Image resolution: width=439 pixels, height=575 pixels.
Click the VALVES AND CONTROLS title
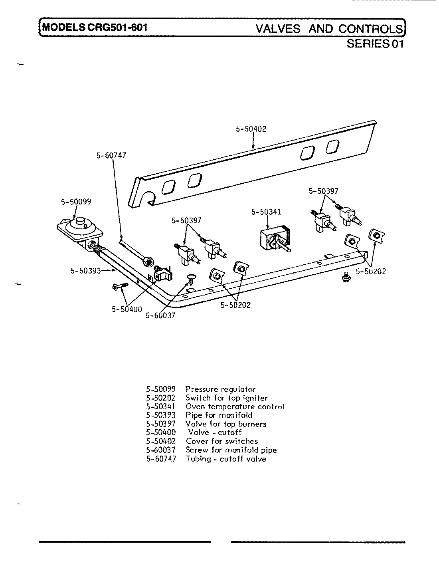tap(329, 29)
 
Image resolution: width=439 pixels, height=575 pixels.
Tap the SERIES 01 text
tap(375, 44)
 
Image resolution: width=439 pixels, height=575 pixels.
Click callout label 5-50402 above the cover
tap(251, 129)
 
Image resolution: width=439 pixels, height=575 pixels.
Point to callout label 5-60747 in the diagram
tap(111, 156)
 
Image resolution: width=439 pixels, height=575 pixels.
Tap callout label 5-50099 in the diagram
tap(76, 202)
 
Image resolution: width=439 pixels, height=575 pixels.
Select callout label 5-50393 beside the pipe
tap(85, 271)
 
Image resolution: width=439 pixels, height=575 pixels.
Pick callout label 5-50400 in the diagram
tap(127, 309)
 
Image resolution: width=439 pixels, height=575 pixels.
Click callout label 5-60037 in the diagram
tap(160, 315)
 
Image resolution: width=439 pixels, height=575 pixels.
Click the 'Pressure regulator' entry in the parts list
tap(220, 389)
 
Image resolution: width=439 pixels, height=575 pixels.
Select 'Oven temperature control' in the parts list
tap(235, 407)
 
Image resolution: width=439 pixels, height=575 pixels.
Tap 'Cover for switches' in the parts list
tap(222, 441)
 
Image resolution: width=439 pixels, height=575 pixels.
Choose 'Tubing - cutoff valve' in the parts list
tap(226, 459)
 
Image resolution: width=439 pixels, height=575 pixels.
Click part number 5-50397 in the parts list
tap(161, 424)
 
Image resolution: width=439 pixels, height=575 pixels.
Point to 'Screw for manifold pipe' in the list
tap(231, 450)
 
